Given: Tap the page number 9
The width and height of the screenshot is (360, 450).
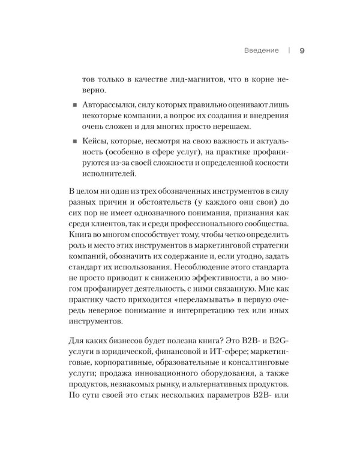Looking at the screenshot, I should [x=301, y=50].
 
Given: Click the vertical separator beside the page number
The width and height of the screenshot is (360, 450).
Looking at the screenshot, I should [x=289, y=50].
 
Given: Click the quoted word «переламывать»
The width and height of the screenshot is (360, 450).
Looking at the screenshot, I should [x=191, y=298].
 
